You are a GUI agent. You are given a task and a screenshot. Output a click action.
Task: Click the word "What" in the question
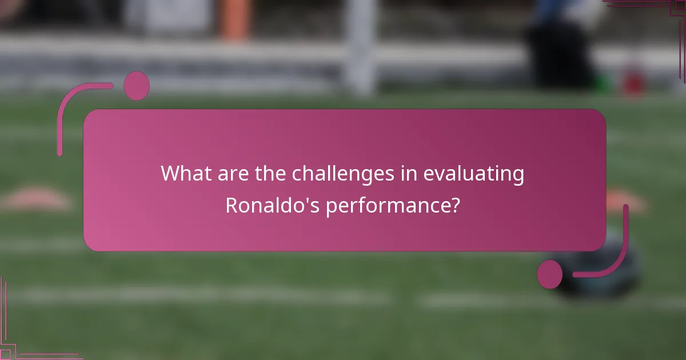point(181,174)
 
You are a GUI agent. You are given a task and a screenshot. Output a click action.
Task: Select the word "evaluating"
point(473,174)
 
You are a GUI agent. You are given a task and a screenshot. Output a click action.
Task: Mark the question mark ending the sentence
point(454,205)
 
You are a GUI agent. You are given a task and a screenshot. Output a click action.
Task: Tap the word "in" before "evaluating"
point(408,174)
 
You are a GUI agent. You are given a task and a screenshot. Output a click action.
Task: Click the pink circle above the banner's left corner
point(137,86)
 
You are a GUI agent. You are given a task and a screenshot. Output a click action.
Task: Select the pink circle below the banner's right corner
point(550,274)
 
